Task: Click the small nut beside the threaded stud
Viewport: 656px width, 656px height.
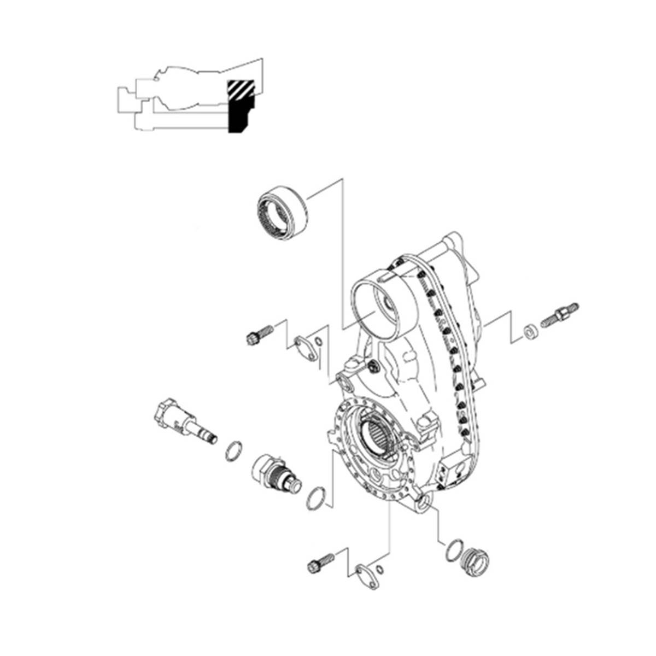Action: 529,331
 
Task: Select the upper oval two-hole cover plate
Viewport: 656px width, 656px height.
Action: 306,349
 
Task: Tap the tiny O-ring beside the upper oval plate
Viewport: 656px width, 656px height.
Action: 320,343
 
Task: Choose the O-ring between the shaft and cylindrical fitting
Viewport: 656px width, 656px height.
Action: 233,451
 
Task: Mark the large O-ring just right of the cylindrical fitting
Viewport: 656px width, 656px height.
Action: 317,497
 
